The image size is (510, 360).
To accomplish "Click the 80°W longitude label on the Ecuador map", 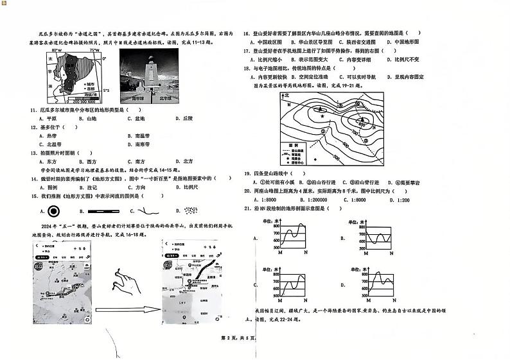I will (57, 50).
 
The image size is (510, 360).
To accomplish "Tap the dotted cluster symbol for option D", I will (191, 210).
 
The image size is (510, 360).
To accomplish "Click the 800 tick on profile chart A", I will (276, 226).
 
